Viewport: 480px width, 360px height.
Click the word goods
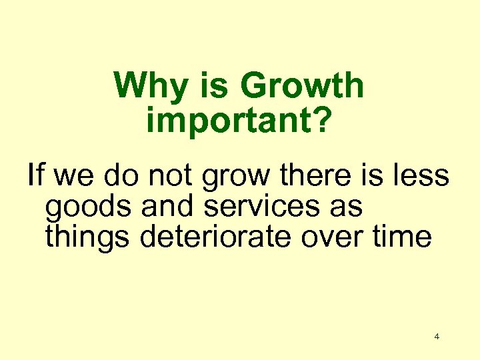pos(88,207)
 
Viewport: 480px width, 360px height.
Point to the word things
pos(88,237)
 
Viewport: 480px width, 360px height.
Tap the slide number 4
pos(437,337)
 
